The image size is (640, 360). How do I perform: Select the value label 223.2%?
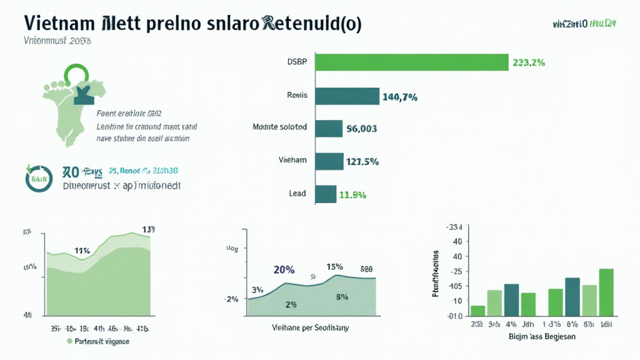529,62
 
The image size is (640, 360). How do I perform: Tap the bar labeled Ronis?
347,96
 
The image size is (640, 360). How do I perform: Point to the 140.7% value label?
399,97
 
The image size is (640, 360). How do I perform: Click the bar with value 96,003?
329,129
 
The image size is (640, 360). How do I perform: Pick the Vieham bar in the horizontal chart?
329,161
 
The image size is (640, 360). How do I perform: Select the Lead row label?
297,193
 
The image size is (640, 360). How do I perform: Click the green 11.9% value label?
351,194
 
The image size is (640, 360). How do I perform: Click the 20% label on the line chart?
284,270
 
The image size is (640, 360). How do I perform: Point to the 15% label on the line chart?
334,267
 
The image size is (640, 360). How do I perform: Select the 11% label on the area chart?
82,251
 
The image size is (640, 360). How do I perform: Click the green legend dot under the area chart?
69,342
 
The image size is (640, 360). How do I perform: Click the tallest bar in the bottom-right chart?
606,292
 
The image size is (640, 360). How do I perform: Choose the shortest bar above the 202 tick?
478,310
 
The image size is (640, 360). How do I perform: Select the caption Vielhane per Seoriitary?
311,327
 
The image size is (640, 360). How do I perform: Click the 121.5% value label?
362,162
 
